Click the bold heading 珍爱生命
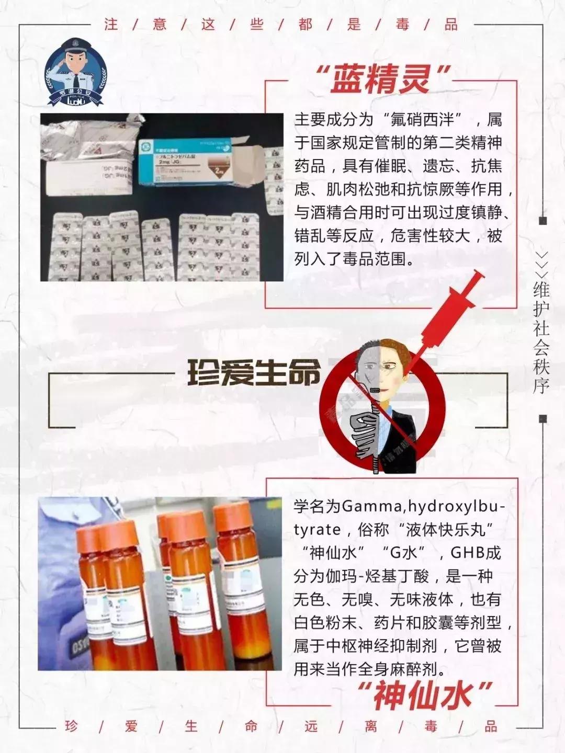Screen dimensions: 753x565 click(254, 373)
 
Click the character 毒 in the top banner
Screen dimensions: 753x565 click(402, 25)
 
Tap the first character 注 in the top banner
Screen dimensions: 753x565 click(111, 25)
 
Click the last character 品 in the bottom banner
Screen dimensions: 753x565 click(491, 726)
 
